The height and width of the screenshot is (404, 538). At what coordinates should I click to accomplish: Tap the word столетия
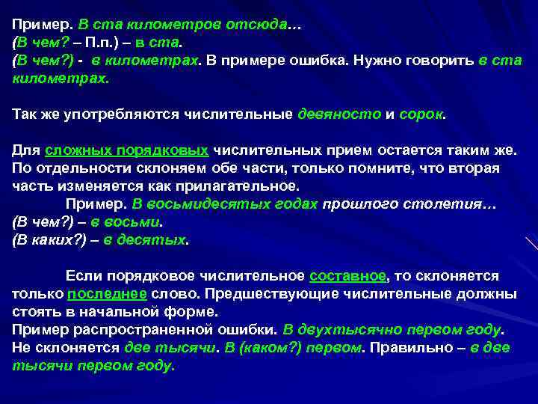449,204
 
